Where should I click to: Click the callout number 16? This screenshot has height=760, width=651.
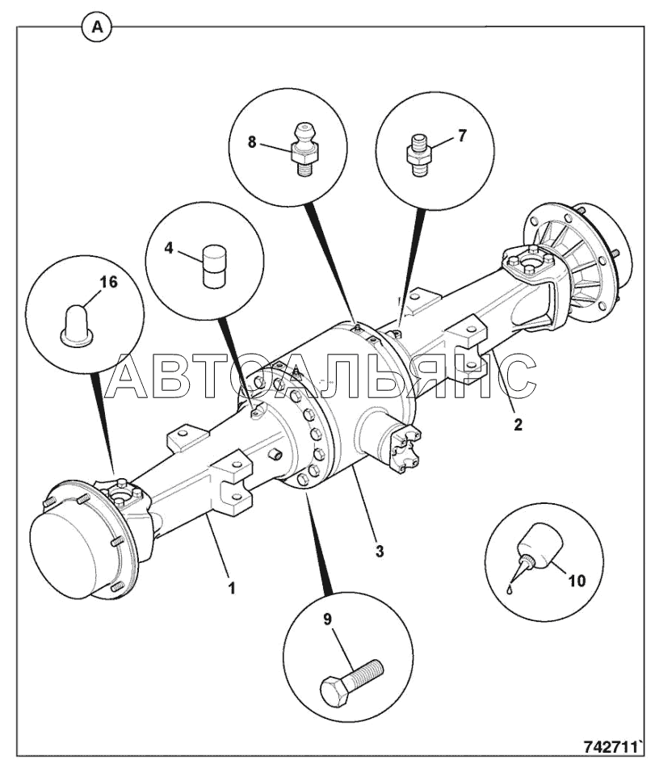click(x=108, y=282)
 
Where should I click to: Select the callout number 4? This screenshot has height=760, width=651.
click(x=169, y=248)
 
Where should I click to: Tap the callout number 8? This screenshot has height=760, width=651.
click(x=252, y=142)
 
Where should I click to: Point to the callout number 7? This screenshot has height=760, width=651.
click(x=462, y=136)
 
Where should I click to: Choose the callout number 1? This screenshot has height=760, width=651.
click(x=231, y=588)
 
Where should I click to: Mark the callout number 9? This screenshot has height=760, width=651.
click(x=327, y=619)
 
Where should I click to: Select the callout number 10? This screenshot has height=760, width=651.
click(x=576, y=580)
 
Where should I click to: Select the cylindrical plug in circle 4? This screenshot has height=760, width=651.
click(x=214, y=267)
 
